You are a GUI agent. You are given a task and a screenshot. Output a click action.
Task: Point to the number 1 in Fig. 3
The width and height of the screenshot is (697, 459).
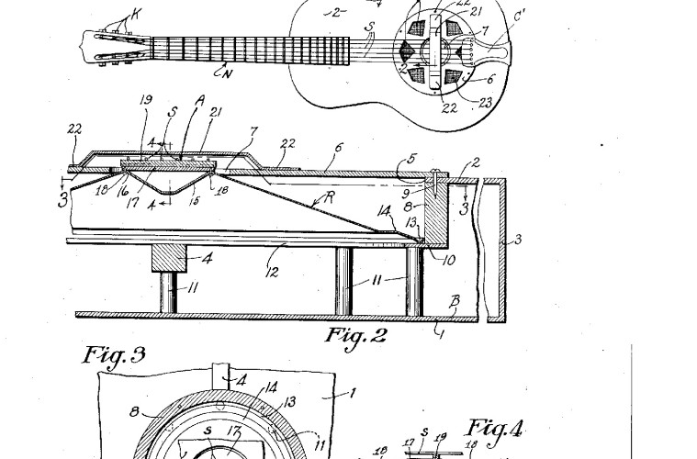coord(356,392)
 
